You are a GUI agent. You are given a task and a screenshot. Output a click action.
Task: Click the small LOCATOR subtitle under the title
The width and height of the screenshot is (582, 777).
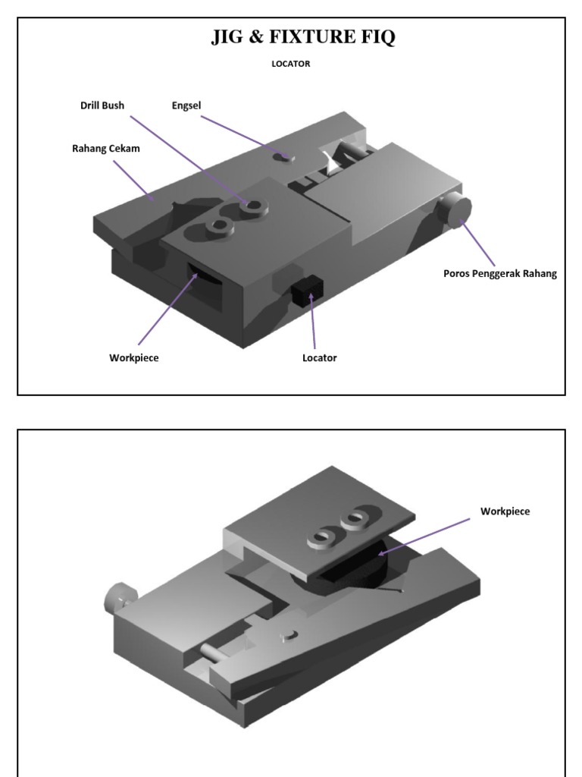tap(291, 64)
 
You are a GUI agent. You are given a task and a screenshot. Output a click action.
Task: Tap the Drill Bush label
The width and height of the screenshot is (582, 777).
tap(102, 105)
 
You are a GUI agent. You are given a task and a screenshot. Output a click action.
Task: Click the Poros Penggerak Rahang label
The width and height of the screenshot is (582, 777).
tap(499, 274)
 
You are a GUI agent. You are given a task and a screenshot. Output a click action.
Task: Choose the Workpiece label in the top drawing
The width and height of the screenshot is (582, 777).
tap(134, 357)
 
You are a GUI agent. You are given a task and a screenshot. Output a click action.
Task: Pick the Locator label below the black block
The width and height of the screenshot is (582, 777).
tap(319, 357)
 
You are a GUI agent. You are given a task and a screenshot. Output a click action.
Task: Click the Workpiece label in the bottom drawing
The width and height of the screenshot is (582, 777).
tap(505, 511)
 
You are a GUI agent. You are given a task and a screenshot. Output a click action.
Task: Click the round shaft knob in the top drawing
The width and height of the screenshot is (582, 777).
tap(457, 210)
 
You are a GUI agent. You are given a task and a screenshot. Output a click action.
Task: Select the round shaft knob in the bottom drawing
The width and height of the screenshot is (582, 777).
tap(117, 599)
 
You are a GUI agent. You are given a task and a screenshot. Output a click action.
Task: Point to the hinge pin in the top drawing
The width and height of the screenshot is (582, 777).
tap(285, 157)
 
